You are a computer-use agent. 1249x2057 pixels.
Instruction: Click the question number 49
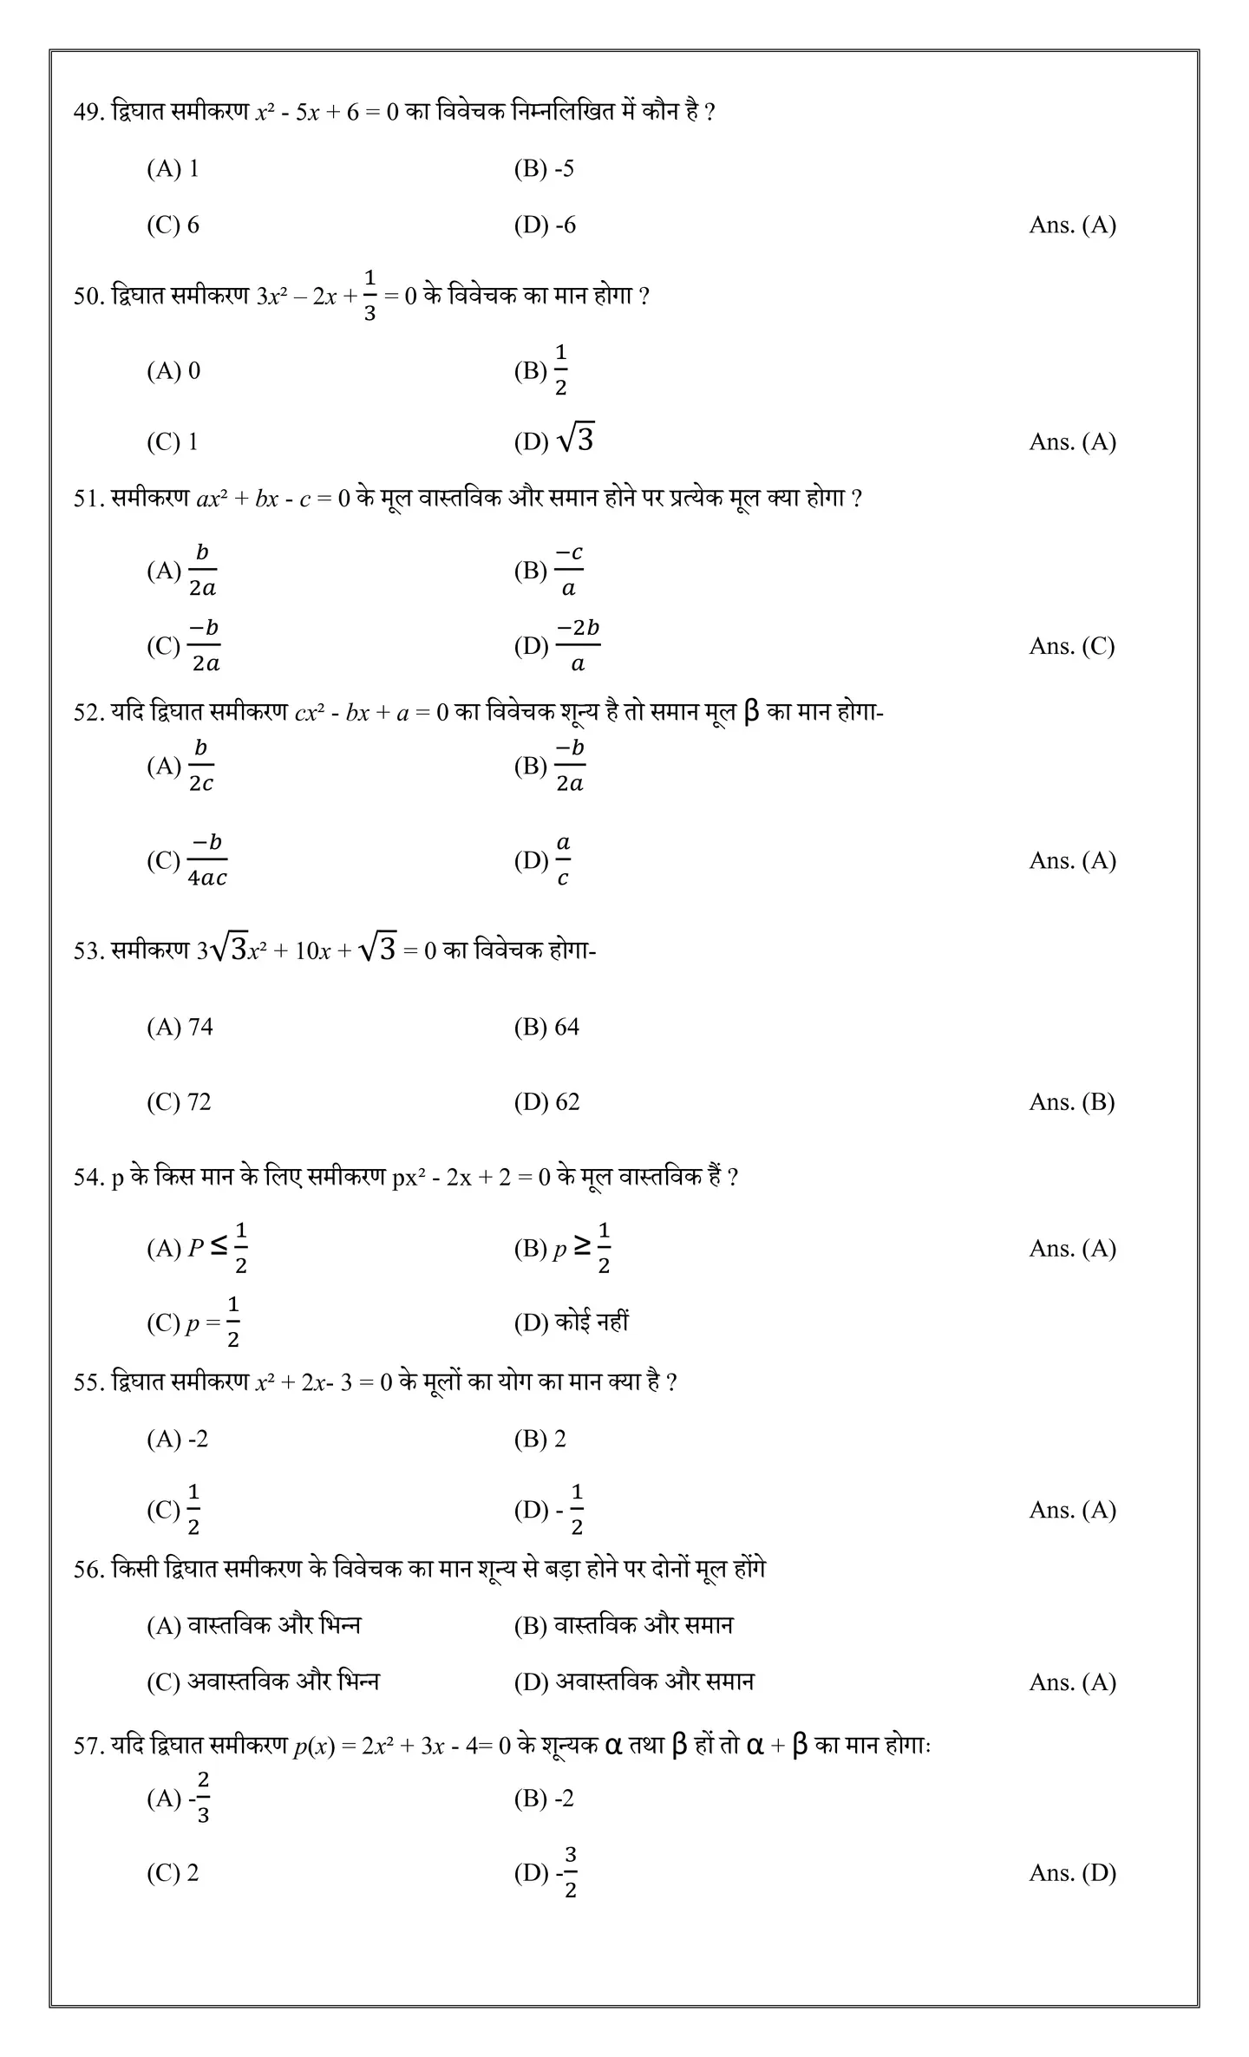click(88, 113)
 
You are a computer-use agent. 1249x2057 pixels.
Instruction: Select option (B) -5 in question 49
click(544, 168)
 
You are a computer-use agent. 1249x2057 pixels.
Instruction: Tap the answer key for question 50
click(1072, 441)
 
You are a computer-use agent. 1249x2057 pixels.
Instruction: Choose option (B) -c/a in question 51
click(549, 570)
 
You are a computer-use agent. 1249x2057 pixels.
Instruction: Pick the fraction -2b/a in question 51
click(578, 645)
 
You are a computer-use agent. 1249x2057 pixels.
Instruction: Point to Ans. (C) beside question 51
click(1071, 646)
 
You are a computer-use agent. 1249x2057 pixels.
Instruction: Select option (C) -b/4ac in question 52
click(187, 860)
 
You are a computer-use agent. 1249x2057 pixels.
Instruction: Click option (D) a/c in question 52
click(543, 860)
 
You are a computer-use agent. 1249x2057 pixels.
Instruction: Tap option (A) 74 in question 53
click(180, 1027)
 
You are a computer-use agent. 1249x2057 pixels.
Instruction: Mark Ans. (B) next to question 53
click(1071, 1101)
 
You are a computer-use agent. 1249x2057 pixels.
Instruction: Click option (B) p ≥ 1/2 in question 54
click(563, 1248)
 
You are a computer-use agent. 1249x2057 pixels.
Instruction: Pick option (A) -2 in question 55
click(178, 1439)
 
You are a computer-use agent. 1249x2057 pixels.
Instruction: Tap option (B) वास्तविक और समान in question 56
click(623, 1624)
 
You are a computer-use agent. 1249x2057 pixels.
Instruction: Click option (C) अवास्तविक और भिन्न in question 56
click(263, 1682)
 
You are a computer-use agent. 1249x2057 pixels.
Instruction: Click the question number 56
click(88, 1570)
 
